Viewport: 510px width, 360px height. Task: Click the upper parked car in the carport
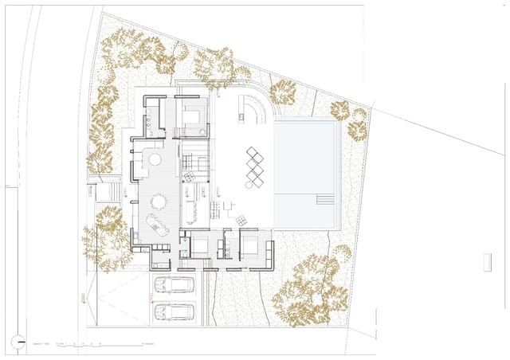[x=174, y=284]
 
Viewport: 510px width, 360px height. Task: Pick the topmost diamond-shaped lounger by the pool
[x=253, y=152]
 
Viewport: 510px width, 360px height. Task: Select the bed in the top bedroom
[x=192, y=117]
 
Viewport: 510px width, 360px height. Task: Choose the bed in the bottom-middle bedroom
[x=198, y=246]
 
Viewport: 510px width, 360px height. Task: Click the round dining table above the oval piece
[x=159, y=201]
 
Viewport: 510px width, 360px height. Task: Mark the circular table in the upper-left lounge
[x=154, y=160]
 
